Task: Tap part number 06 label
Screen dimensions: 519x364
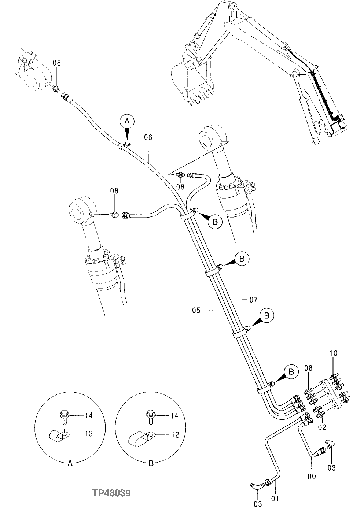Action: (x=148, y=138)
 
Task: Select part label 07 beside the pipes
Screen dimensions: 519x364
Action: (x=254, y=300)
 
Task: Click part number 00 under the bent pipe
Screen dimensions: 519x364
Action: (x=312, y=476)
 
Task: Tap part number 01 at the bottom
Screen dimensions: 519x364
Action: (x=275, y=498)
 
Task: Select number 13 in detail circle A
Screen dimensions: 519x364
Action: (x=88, y=434)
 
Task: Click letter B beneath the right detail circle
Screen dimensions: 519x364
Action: (x=151, y=463)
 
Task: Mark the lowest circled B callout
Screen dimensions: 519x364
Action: (x=291, y=372)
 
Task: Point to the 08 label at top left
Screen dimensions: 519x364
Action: (x=56, y=63)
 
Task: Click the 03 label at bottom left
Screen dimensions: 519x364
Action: (x=258, y=504)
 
